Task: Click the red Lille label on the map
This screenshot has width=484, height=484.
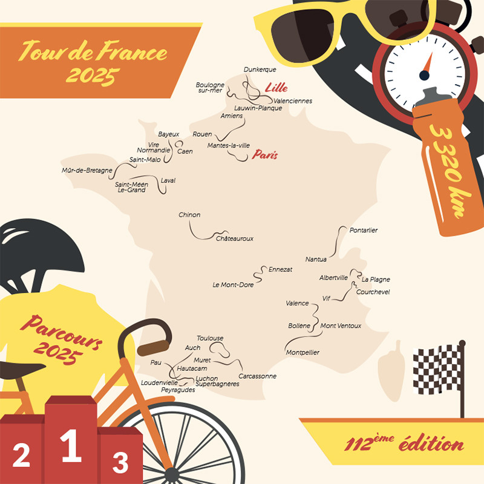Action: [x=276, y=88]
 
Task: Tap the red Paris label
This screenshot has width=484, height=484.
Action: [x=265, y=155]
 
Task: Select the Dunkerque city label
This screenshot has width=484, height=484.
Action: [x=260, y=70]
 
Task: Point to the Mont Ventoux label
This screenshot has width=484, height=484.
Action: [x=341, y=325]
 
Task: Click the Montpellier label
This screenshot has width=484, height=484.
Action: [x=302, y=352]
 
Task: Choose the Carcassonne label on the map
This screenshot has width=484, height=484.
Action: [x=257, y=376]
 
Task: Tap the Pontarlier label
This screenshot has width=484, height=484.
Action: [x=364, y=231]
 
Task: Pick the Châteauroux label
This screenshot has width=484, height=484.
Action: [x=235, y=238]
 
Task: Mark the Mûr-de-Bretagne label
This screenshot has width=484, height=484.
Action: [x=87, y=170]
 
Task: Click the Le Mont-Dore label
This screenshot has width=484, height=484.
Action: [x=233, y=284]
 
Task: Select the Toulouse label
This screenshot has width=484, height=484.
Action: [x=210, y=338]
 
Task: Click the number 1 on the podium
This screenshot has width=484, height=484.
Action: [x=71, y=446]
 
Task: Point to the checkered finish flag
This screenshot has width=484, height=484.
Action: [x=437, y=368]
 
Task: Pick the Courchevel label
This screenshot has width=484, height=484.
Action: [x=373, y=292]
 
